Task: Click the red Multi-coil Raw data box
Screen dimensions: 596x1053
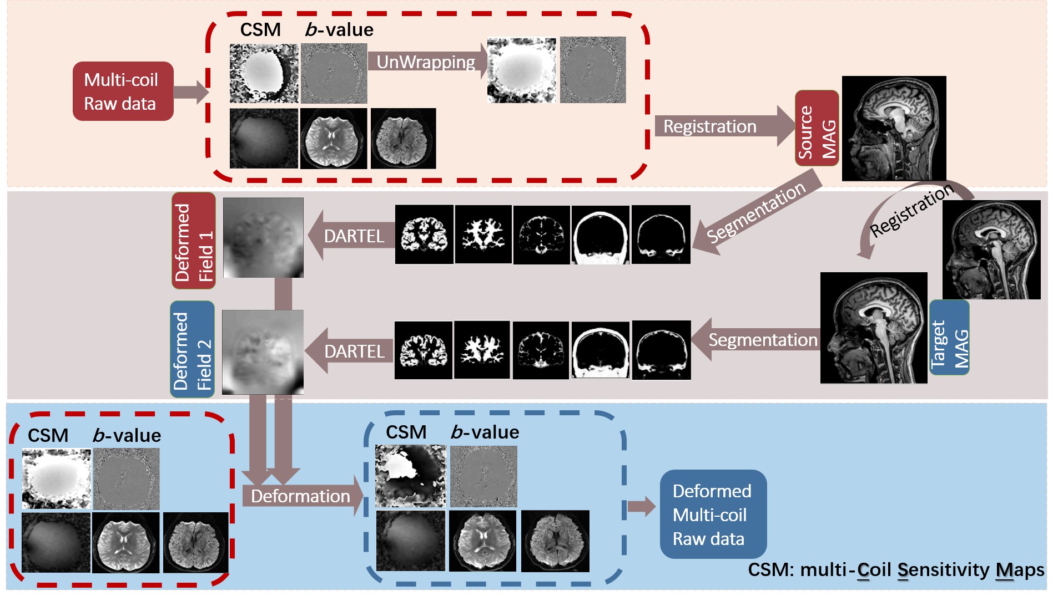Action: (123, 91)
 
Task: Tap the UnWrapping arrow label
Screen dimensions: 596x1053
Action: (426, 62)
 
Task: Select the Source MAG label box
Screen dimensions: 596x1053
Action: (817, 129)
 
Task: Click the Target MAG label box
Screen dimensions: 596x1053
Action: (949, 338)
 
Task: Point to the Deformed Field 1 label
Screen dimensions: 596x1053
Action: (193, 241)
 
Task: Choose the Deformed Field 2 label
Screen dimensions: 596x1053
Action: (192, 349)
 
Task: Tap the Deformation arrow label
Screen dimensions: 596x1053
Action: (300, 496)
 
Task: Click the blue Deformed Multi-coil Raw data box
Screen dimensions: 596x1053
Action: (713, 515)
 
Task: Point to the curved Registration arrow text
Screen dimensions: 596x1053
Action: (911, 211)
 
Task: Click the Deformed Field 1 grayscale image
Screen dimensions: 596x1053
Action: (263, 238)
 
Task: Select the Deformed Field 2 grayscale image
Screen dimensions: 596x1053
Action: (263, 352)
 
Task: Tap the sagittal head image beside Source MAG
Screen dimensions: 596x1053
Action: (894, 129)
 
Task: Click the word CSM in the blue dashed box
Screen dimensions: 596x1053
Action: (406, 432)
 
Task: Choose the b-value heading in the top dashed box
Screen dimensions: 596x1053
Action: (339, 30)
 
